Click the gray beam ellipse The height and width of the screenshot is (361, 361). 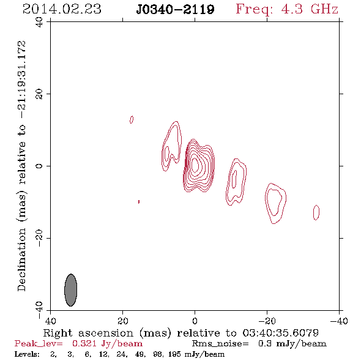[71, 290]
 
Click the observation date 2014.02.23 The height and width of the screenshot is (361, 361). [62, 9]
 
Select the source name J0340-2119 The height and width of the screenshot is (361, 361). [175, 9]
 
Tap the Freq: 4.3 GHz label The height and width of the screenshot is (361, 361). [287, 9]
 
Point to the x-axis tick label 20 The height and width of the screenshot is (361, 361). [123, 321]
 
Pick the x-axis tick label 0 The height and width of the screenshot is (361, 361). [195, 321]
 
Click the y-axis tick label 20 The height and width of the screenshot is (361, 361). [39, 94]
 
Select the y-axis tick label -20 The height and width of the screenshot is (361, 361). [39, 238]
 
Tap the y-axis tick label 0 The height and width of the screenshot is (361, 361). [39, 166]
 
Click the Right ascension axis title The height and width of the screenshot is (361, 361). [180, 333]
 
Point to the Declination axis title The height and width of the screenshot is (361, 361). [21, 166]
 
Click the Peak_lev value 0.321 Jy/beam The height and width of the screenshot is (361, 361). [107, 344]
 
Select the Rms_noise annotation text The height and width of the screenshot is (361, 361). [259, 344]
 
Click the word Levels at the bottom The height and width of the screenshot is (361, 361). [27, 354]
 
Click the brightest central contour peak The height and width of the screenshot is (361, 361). [195, 165]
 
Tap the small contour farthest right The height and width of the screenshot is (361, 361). [316, 212]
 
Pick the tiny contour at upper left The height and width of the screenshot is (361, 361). [132, 119]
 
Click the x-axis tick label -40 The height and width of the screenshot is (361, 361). [338, 321]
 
